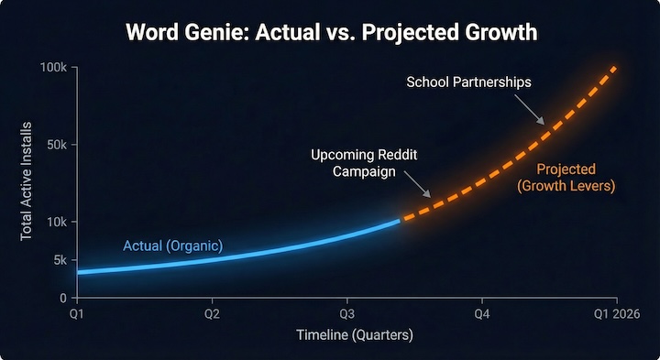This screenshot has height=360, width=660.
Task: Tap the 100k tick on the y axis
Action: [x=52, y=68]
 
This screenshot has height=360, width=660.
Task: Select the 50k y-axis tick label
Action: [x=55, y=145]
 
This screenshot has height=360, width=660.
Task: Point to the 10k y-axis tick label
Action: [x=55, y=222]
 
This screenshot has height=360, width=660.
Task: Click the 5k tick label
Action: [x=59, y=260]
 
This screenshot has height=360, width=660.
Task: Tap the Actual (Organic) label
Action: [x=173, y=245]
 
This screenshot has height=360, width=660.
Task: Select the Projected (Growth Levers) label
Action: [x=566, y=178]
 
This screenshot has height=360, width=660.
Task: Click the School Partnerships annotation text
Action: [x=468, y=82]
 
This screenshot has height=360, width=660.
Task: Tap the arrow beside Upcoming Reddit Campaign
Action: [x=418, y=186]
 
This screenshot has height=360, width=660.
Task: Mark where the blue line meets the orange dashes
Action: [x=399, y=220]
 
